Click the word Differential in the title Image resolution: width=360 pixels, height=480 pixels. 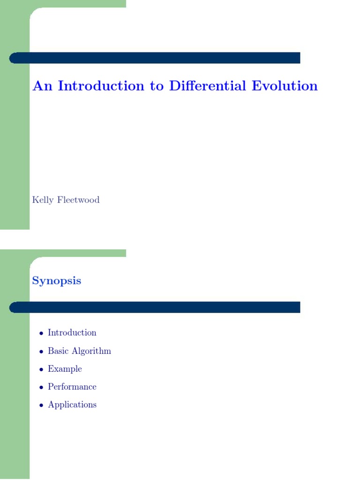tap(208, 86)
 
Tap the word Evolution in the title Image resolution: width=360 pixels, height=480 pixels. tap(285, 86)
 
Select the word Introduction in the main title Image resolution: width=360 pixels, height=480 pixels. tap(101, 86)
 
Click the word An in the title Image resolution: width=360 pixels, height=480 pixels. tap(43, 86)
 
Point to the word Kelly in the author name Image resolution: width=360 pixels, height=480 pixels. tap(43, 200)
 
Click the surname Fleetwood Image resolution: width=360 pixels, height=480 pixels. tap(78, 200)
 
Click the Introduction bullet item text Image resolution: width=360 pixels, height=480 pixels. tap(72, 333)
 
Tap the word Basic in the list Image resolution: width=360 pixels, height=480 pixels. tap(58, 351)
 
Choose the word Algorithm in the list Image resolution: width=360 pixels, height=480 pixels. tap(91, 352)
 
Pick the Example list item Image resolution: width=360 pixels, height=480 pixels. tap(65, 369)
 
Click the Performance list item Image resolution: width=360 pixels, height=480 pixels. tap(72, 387)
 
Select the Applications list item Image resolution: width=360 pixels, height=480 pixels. tap(72, 405)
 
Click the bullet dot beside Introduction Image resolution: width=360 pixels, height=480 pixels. tap(41, 333)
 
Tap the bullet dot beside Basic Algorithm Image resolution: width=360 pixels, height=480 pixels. tap(41, 352)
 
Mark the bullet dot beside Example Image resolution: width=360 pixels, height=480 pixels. tap(41, 369)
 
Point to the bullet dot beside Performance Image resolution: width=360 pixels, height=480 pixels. tap(41, 388)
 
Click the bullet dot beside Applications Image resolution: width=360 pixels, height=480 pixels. tap(41, 405)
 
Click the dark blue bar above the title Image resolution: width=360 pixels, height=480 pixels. tap(155, 58)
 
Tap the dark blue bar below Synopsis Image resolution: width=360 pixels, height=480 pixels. tap(155, 307)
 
